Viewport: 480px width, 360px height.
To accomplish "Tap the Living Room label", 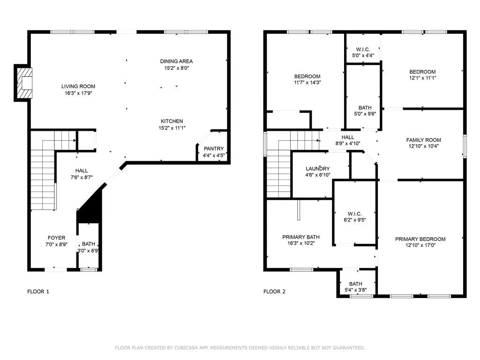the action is pyautogui.click(x=78, y=86).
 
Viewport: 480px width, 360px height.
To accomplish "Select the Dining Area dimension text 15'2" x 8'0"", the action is pyautogui.click(x=177, y=68).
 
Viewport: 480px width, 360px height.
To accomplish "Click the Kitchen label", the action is pyautogui.click(x=172, y=121).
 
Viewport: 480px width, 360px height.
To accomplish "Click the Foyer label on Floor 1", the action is pyautogui.click(x=57, y=238).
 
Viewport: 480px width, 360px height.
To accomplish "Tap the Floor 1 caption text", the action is pyautogui.click(x=38, y=292).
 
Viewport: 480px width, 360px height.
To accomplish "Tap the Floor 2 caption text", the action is pyautogui.click(x=274, y=292).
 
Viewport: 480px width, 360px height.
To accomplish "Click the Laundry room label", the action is pyautogui.click(x=318, y=169).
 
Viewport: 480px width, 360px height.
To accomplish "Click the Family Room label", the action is pyautogui.click(x=424, y=140).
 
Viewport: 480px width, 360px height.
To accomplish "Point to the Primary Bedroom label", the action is pyautogui.click(x=420, y=239).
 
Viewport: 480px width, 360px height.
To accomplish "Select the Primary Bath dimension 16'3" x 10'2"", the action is pyautogui.click(x=301, y=243).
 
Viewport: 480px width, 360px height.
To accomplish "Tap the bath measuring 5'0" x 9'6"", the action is pyautogui.click(x=363, y=97).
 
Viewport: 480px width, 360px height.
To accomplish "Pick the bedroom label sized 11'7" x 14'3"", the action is pyautogui.click(x=307, y=76).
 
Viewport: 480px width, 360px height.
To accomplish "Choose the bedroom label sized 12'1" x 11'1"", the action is pyautogui.click(x=422, y=72).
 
